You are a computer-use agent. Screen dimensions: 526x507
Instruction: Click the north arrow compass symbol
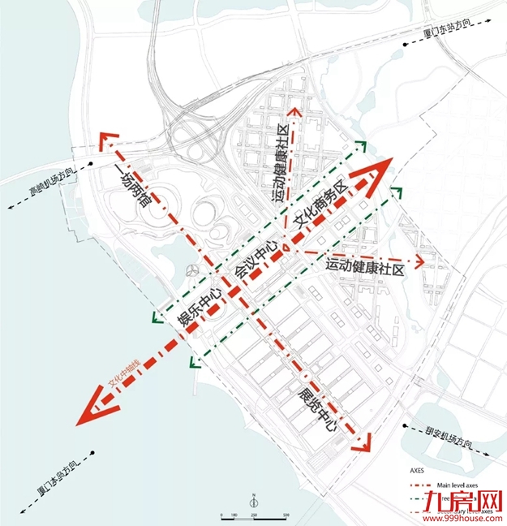tap(254, 502)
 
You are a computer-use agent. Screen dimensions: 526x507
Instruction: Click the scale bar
tap(255, 515)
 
